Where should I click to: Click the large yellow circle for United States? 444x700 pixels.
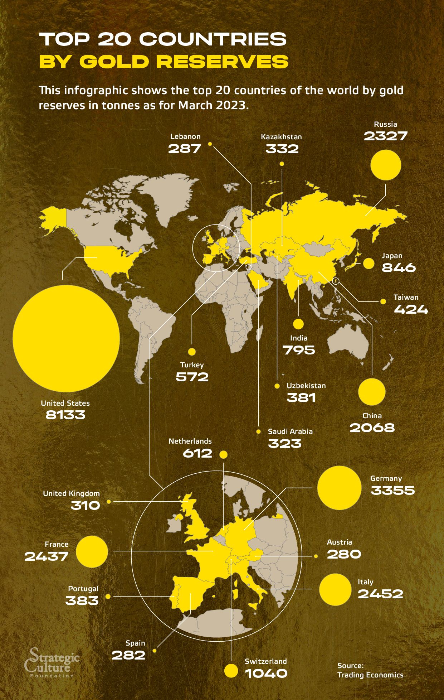pos(66,338)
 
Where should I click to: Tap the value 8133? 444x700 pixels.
pos(65,415)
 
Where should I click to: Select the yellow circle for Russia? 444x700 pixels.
pos(386,165)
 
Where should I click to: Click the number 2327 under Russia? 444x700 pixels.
pos(386,136)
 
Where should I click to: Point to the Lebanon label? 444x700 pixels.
pos(185,136)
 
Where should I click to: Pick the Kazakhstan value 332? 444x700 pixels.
pos(282,149)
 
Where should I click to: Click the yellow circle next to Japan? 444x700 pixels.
pos(369,264)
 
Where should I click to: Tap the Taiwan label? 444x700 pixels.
pos(406,297)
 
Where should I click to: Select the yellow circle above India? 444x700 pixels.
pos(298,324)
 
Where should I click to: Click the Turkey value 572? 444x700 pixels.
pos(192,377)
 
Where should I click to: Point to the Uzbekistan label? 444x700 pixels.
pos(306,386)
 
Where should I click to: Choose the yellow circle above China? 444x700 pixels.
pos(372,392)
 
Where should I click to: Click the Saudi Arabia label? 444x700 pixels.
pos(290,431)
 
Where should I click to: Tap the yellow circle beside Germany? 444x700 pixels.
pos(339,488)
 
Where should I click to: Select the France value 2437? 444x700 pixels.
pos(47,556)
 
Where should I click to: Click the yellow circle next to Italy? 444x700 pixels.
pos(335,589)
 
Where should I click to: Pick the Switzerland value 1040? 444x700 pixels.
pos(266,673)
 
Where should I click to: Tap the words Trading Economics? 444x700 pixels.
pos(370,675)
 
